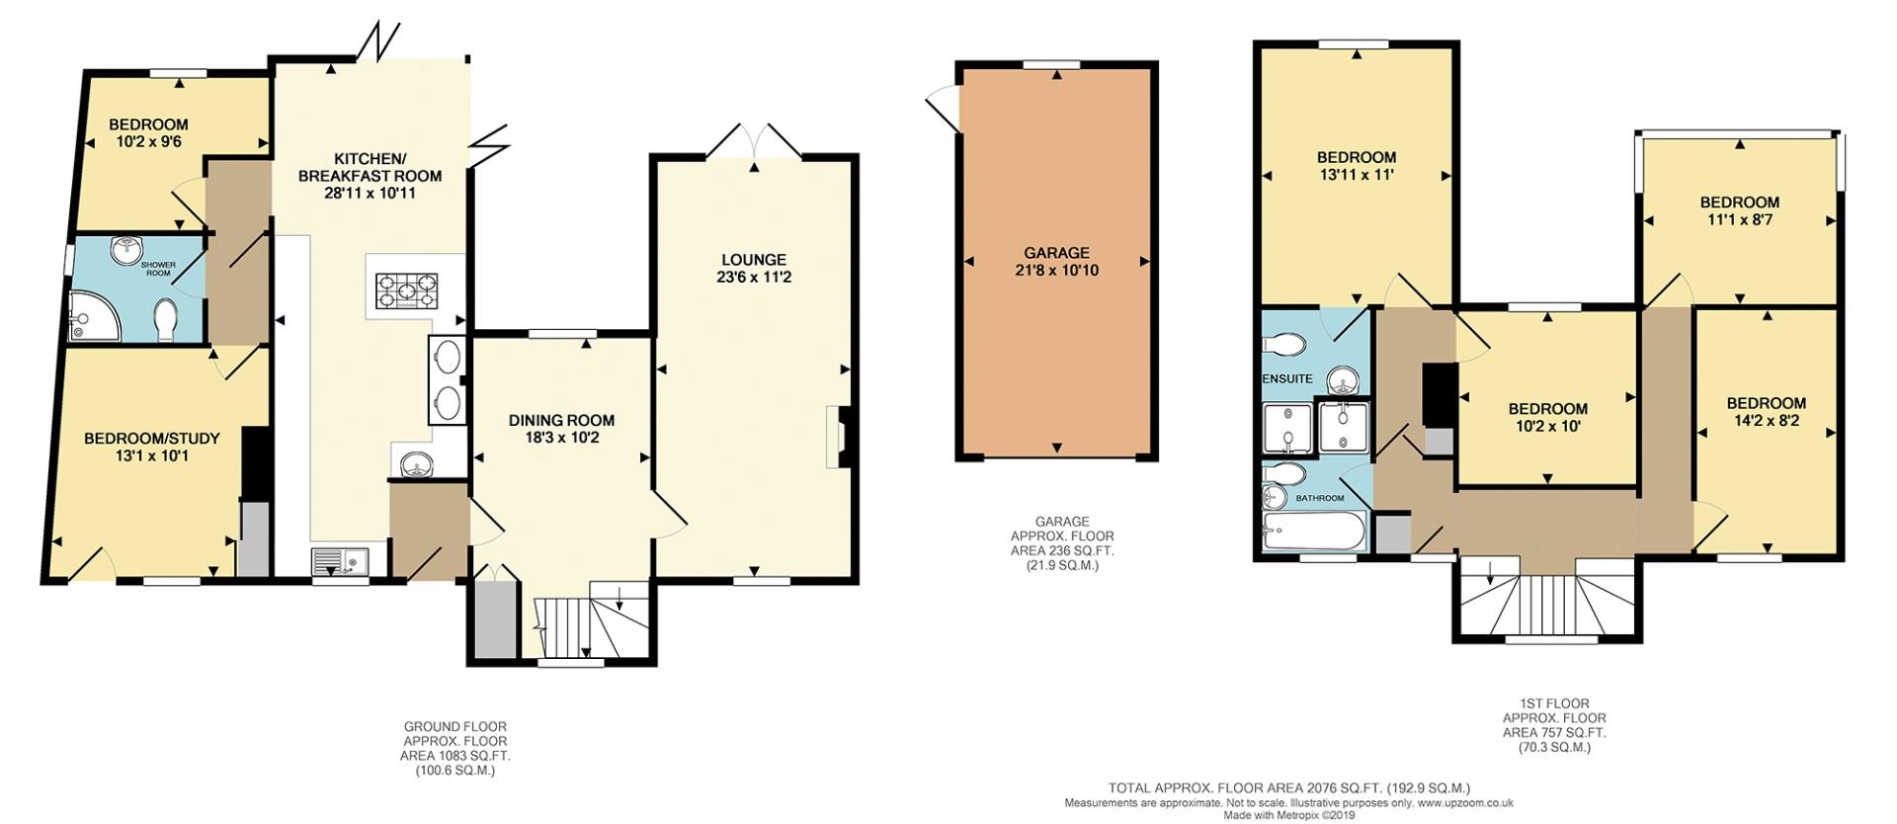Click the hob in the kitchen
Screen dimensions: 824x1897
405,291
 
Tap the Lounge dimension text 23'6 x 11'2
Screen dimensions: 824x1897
754,278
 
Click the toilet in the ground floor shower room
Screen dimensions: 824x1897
167,320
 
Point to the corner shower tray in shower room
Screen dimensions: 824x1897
92,315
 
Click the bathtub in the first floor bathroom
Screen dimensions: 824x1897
1314,534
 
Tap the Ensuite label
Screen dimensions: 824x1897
1287,378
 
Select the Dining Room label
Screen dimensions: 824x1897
561,420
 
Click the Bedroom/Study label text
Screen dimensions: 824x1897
151,439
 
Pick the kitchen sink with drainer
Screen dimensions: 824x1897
339,562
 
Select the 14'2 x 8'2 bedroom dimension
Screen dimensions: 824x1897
1766,421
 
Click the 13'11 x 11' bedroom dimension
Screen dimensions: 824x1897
1356,175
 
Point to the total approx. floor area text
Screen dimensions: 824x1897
1288,788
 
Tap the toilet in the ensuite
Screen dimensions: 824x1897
1285,344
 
